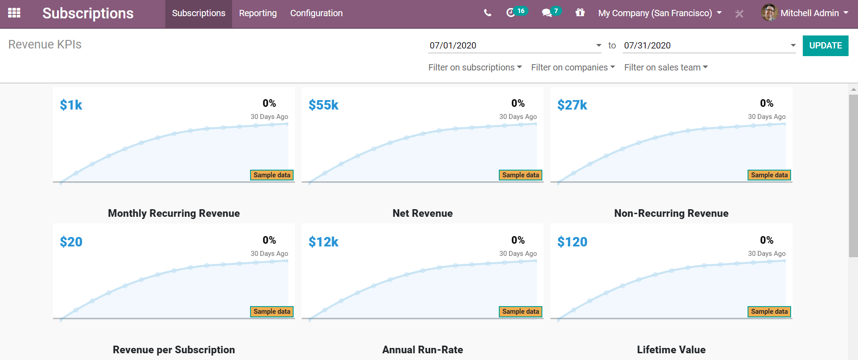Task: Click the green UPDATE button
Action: [825, 46]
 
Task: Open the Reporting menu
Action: [258, 13]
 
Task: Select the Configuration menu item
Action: [316, 13]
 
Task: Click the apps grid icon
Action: [14, 13]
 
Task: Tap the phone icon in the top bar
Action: [488, 13]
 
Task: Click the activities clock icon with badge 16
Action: [511, 13]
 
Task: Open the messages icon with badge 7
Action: [547, 13]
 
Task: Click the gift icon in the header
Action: [580, 13]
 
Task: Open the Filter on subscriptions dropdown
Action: [475, 67]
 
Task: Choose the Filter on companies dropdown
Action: [572, 67]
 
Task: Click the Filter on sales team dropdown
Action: [665, 67]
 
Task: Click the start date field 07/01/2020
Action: [512, 45]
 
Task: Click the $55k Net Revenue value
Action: [323, 105]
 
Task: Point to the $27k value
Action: [572, 105]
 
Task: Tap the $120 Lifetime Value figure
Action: [572, 242]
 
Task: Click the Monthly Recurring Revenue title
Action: [174, 213]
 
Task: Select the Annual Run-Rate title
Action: [422, 350]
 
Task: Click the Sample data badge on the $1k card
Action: [272, 175]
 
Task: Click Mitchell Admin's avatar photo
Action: [770, 13]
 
